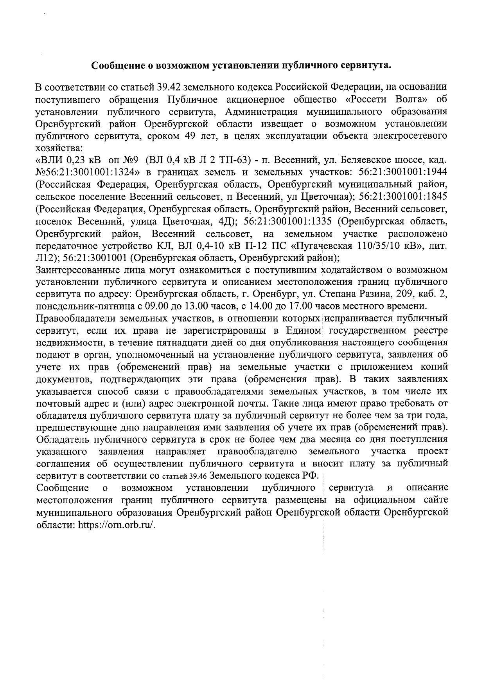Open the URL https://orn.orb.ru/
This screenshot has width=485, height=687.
tap(117, 525)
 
